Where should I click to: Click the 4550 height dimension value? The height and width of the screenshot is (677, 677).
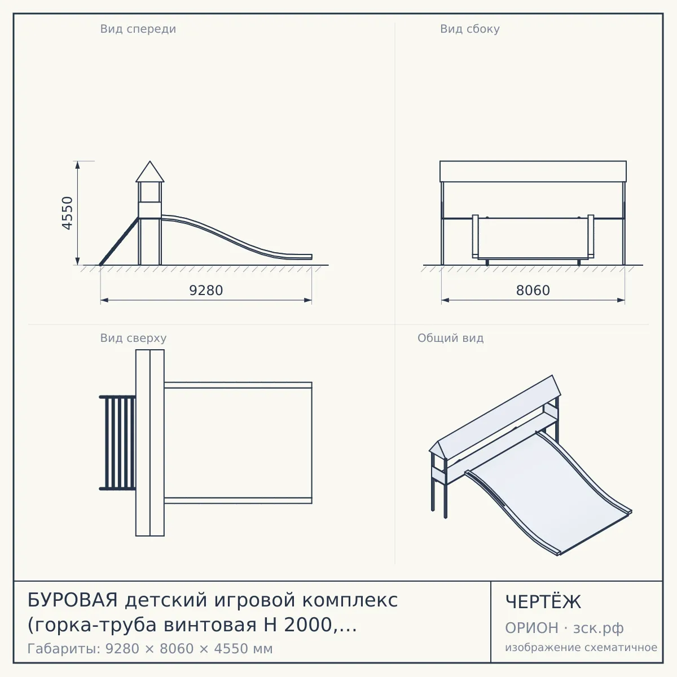[67, 213]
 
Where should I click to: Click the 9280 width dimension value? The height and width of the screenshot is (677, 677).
[206, 291]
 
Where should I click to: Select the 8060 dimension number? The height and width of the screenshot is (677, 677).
[533, 291]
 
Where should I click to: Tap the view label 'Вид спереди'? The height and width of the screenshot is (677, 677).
[138, 29]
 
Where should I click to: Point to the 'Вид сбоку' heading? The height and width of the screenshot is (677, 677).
[470, 29]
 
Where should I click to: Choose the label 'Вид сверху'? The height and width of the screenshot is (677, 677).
[133, 338]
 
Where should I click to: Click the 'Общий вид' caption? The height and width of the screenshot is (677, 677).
[450, 338]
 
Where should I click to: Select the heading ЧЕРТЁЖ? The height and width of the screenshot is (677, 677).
[543, 601]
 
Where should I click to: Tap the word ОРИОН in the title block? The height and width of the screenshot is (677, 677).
[531, 628]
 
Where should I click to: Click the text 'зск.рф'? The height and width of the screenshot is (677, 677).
[599, 628]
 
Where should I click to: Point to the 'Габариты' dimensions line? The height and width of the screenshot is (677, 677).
[150, 649]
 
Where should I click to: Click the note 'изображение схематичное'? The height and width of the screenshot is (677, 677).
[581, 648]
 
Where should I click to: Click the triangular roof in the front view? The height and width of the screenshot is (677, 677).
[150, 174]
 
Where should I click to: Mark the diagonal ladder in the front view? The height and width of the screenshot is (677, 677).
[119, 241]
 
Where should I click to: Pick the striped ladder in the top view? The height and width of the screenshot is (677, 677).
[117, 443]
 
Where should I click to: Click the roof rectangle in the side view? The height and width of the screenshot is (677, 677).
[533, 172]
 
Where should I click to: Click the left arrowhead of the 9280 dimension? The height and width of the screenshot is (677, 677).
[104, 300]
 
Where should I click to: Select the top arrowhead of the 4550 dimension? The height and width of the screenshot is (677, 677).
[78, 165]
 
